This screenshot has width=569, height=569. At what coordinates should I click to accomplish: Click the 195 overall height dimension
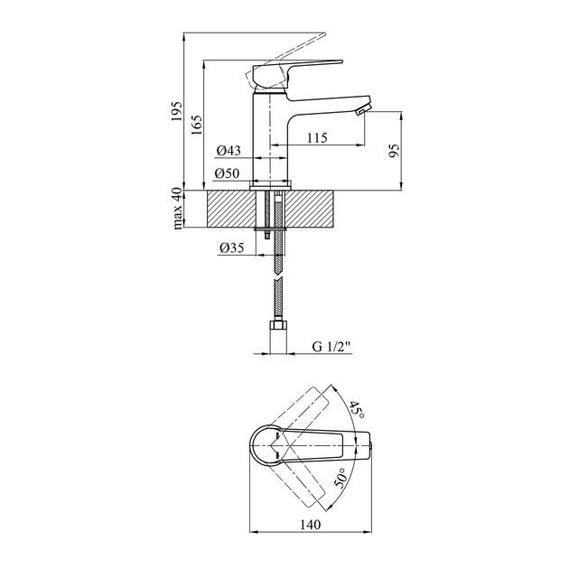(176, 111)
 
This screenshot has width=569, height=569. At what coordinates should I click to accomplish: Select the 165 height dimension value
(196, 125)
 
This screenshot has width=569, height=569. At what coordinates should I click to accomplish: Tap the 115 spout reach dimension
(317, 138)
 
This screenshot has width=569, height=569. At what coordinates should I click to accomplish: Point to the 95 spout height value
(394, 150)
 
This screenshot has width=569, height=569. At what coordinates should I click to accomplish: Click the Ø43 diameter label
(229, 150)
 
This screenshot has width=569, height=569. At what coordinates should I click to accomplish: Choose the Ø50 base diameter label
(228, 173)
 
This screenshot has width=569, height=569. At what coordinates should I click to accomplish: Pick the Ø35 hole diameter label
(232, 247)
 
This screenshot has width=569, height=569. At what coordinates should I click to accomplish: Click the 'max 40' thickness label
(177, 209)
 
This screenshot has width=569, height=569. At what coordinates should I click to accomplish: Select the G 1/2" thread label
(331, 347)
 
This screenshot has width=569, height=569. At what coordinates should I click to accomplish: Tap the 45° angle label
(357, 410)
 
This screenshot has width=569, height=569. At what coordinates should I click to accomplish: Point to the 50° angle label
(340, 478)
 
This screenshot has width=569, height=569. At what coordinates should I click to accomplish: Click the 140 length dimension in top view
(311, 525)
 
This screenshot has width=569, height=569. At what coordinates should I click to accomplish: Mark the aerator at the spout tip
(363, 109)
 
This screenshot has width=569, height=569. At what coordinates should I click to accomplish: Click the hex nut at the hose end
(278, 325)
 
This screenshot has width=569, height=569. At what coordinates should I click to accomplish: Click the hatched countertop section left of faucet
(231, 209)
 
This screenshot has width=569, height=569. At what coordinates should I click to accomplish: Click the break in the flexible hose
(278, 277)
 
